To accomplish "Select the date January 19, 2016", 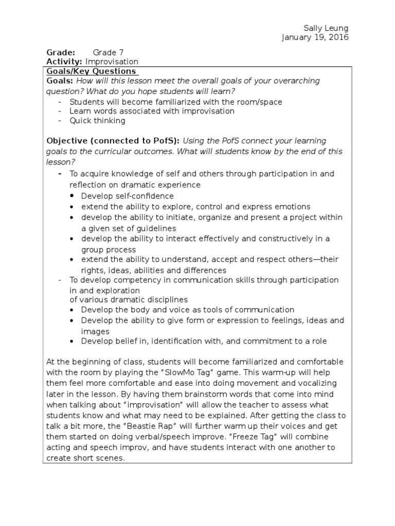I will point(315,37).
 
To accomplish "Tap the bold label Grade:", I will point(61,52).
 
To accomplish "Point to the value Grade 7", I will point(108,52).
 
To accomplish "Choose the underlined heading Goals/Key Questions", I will point(92,71).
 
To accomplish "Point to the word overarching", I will point(295,81).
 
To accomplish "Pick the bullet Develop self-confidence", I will point(127,196).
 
